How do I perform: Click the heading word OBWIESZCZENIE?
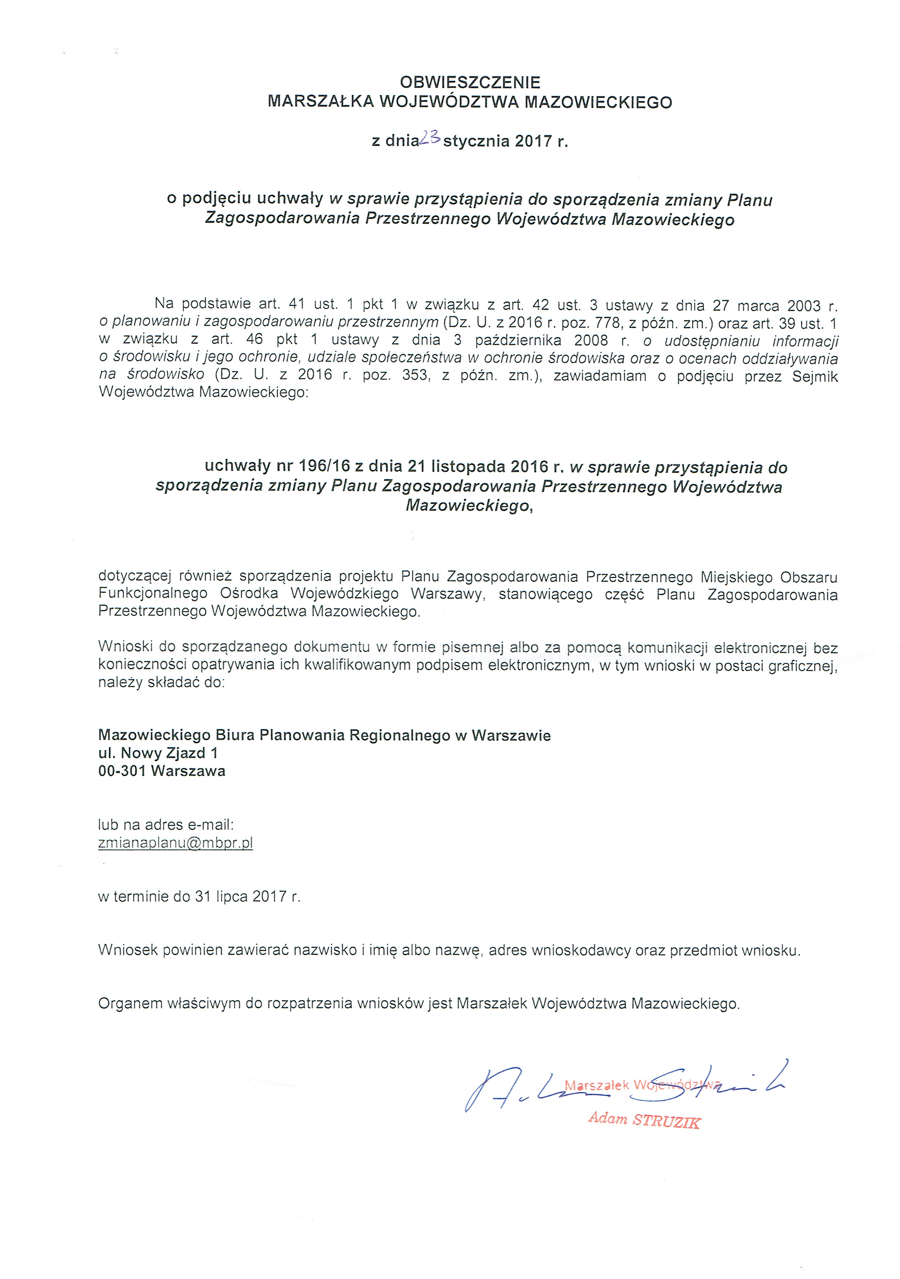[x=470, y=82]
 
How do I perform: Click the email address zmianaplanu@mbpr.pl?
[x=175, y=843]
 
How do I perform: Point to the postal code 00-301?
[x=122, y=772]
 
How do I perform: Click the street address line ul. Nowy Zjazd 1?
[x=158, y=754]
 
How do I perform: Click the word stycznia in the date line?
[x=476, y=142]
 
